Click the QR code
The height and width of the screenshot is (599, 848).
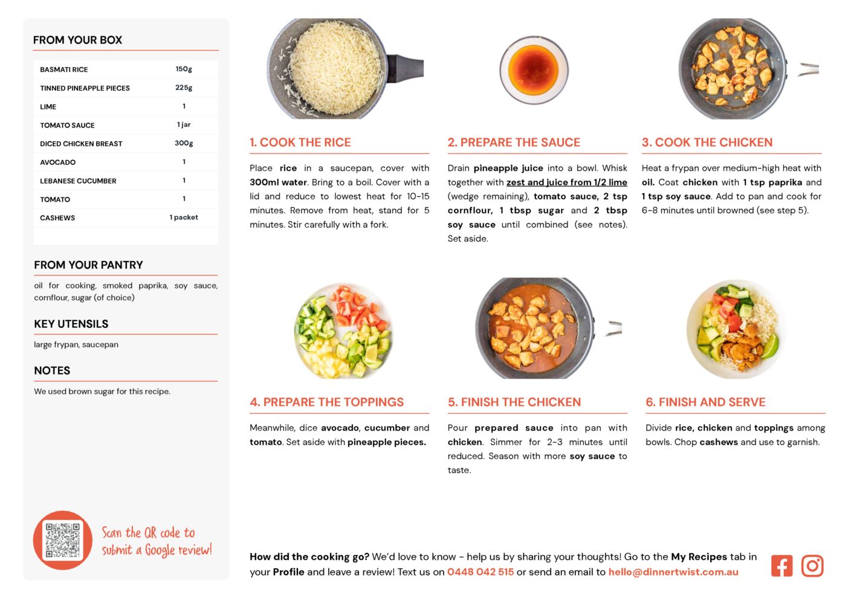(63, 540)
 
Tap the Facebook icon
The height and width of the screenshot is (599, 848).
(782, 566)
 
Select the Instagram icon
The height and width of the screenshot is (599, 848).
(812, 566)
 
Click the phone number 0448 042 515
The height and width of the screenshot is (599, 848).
(481, 572)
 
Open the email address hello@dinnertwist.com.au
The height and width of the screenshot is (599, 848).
(673, 572)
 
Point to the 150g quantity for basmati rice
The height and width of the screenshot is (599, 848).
(184, 69)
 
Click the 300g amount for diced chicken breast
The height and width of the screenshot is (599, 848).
(184, 143)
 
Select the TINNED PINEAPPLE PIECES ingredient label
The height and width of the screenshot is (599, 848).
(85, 88)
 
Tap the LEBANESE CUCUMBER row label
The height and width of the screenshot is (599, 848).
(78, 181)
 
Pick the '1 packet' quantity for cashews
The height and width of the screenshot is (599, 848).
(184, 217)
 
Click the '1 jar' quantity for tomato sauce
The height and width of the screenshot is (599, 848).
(184, 125)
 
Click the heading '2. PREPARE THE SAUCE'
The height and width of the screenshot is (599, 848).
(514, 142)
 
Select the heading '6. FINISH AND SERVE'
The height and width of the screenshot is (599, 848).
(705, 402)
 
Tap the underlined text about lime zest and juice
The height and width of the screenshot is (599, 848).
(567, 182)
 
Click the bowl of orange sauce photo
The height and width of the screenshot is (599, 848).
(534, 70)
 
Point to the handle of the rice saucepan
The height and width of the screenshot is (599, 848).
(405, 68)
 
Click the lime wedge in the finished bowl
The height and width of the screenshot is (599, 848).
(769, 347)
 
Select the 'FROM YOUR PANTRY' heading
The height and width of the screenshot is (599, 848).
(89, 264)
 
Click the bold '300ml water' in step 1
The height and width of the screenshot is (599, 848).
(278, 182)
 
